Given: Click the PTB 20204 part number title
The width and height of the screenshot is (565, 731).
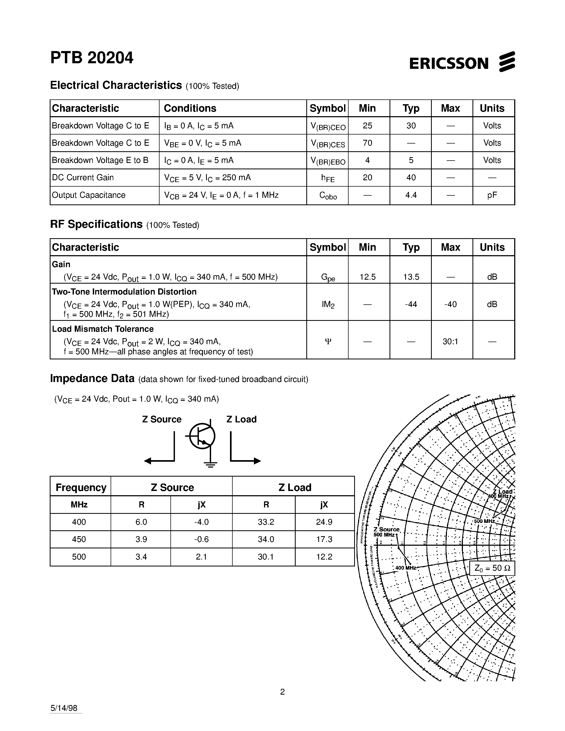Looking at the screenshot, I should pos(92,58).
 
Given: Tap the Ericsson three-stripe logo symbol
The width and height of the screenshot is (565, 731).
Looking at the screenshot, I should pos(507,62).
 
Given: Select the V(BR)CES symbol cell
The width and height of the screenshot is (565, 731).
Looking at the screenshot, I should pos(327,144).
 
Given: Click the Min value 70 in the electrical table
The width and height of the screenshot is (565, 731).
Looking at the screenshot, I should pos(367,143).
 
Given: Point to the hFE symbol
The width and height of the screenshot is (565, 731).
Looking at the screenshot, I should pos(327,178).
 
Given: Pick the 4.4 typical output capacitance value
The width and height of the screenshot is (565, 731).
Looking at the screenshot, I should pos(411,195).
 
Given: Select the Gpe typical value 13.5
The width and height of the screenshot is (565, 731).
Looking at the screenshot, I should pos(411,277).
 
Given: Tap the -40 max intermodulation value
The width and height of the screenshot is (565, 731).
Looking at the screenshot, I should pos(450,304).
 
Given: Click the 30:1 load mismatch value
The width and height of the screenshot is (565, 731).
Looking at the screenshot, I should pos(450,342).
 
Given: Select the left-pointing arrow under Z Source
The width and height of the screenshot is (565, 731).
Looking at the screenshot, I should pos(159,461).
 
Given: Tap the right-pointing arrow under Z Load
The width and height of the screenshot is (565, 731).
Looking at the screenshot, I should pos(245,461).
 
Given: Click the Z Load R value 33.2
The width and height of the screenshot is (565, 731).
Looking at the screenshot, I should pos(266,522).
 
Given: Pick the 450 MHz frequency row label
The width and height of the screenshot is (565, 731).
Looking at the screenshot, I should pos(79,539).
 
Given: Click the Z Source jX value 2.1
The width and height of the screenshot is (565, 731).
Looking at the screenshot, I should pos(201,557).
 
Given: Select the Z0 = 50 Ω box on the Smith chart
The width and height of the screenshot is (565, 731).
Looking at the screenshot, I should pos(492,568).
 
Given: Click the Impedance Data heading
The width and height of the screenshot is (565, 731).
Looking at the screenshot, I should pos(92,379).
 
